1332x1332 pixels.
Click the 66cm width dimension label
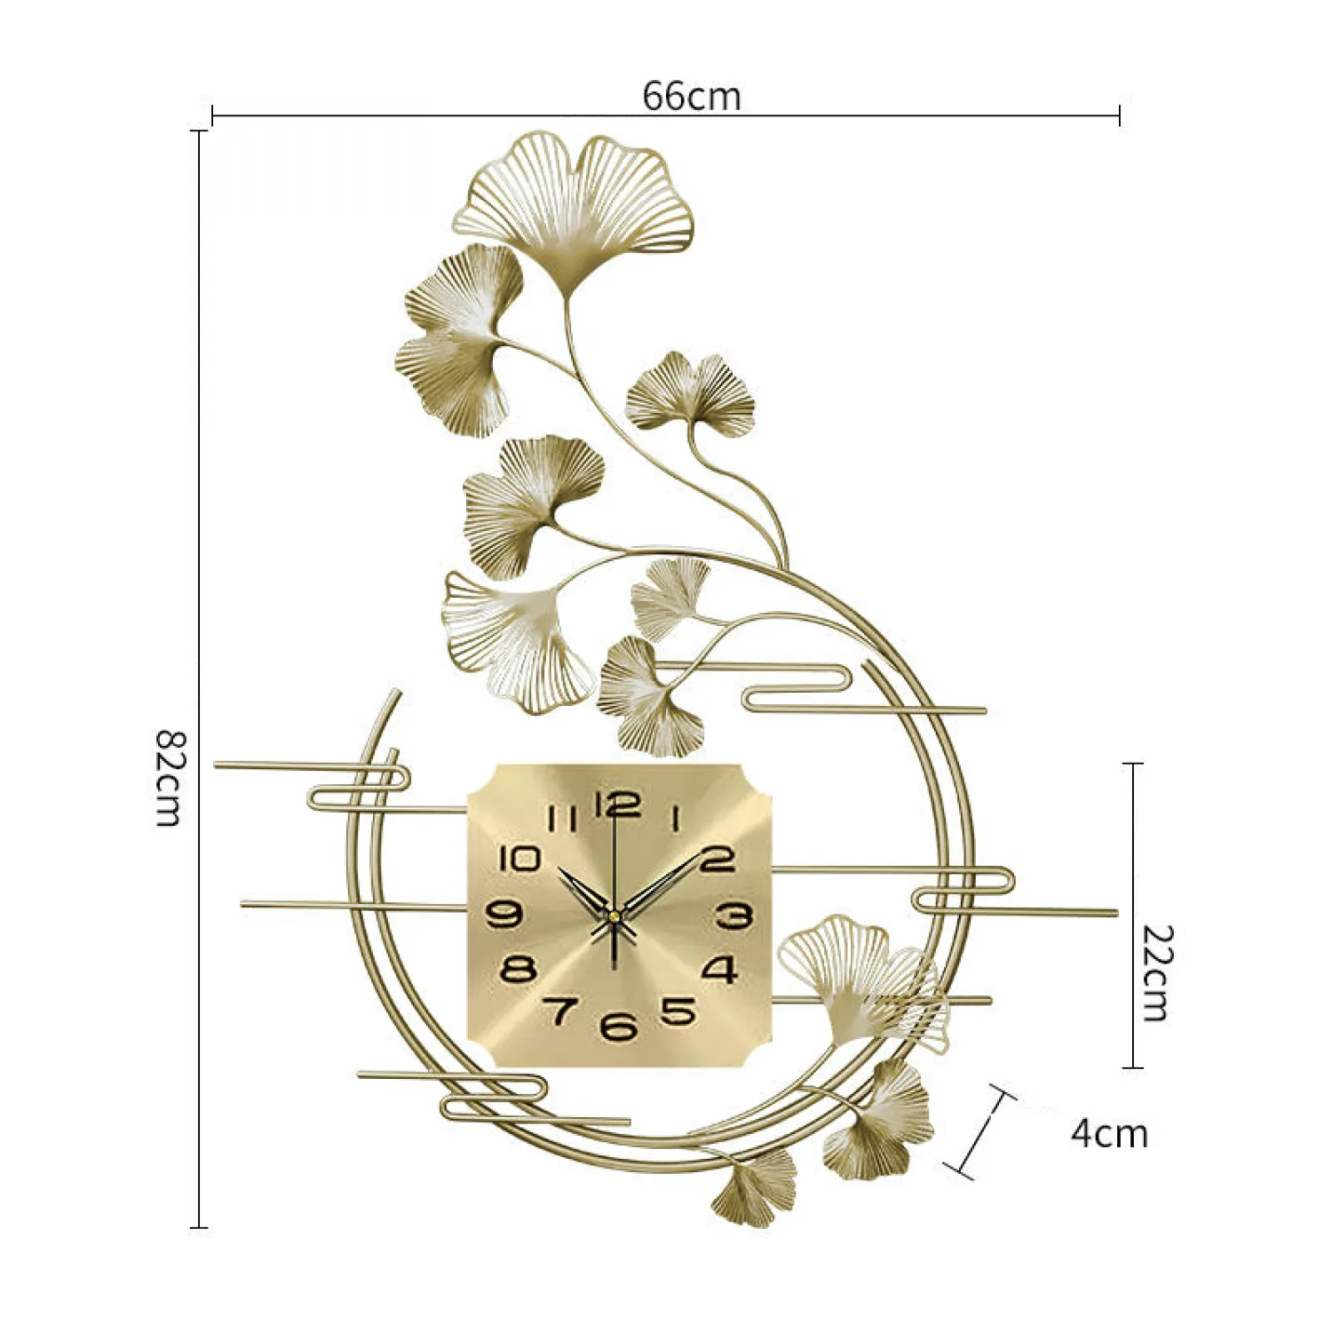[x=692, y=95]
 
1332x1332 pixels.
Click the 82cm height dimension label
[x=169, y=778]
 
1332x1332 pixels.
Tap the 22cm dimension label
[x=1156, y=973]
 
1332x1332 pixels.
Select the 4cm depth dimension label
[x=1109, y=1134]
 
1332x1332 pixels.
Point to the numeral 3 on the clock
[x=734, y=916]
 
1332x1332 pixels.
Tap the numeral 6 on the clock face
[x=618, y=1027]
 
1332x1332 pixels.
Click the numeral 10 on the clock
[x=519, y=859]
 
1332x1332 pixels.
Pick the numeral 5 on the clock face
[x=678, y=1011]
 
